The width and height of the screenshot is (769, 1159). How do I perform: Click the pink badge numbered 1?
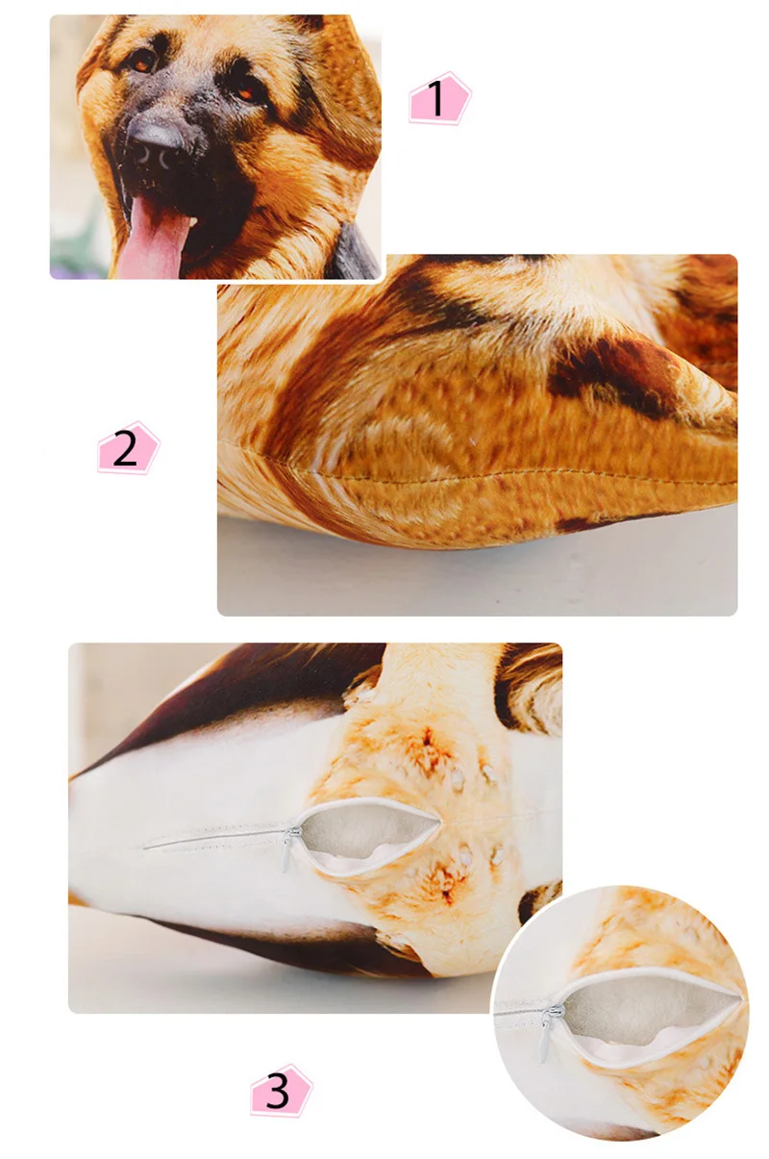pos(439,98)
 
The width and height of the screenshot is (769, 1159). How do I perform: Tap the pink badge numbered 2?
pos(128,447)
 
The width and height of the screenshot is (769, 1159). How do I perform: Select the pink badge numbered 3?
pos(281,1090)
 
